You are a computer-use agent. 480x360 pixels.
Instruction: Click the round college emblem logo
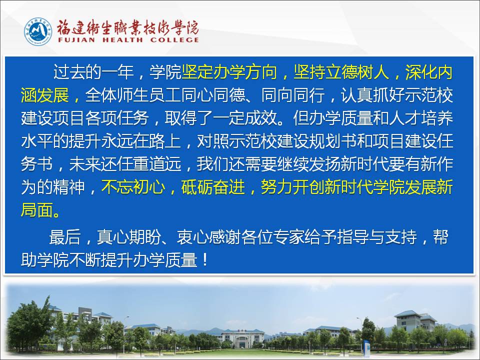(x=38, y=31)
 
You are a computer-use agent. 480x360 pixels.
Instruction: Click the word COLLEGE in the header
(x=174, y=40)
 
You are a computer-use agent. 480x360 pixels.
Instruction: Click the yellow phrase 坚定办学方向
(x=229, y=72)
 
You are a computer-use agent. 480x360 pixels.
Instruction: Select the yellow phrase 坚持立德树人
(x=341, y=72)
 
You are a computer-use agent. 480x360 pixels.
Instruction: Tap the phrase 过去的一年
(x=93, y=72)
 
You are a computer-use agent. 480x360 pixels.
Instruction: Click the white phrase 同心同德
(x=213, y=95)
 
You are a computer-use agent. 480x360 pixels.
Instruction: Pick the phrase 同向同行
(x=293, y=95)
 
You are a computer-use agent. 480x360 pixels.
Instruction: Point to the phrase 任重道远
(x=149, y=164)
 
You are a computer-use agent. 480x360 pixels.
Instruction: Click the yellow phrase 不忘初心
(x=133, y=187)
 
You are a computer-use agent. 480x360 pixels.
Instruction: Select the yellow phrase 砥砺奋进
(x=213, y=187)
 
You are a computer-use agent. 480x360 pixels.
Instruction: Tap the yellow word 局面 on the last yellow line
(x=37, y=210)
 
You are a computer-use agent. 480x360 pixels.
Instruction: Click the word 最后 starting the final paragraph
(x=65, y=237)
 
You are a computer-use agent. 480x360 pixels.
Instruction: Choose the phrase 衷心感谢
(x=208, y=237)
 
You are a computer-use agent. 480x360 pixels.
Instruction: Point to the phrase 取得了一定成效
(x=221, y=118)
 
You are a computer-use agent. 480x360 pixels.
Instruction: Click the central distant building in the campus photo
(x=242, y=338)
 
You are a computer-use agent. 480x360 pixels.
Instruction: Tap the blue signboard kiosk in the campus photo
(x=365, y=347)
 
